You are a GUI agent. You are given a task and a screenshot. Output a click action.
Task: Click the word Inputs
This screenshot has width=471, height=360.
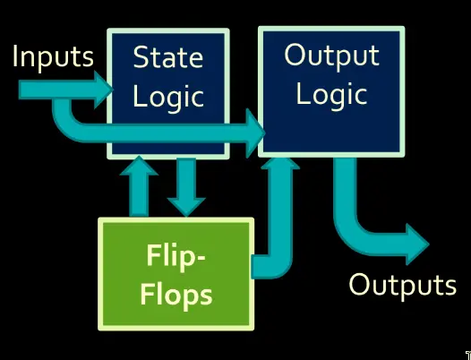point(53,57)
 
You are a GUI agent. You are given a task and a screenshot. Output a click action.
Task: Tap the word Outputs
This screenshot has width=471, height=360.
point(403,285)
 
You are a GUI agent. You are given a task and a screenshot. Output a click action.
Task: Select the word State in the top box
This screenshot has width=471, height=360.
point(168,57)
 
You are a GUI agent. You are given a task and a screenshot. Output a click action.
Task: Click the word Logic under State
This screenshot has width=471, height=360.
point(168,97)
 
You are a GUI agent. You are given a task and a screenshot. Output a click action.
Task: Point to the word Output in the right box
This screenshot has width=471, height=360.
point(331,56)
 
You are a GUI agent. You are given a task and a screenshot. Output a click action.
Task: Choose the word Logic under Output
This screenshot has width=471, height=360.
point(331,94)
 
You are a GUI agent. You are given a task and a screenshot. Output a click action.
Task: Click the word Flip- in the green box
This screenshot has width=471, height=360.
point(176,256)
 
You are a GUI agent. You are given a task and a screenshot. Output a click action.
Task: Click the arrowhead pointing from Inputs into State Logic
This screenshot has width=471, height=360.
point(103,90)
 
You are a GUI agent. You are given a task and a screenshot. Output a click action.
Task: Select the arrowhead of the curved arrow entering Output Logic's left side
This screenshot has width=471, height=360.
point(255,133)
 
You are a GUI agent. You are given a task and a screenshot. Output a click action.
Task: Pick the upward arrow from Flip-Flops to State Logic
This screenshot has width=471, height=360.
point(139,186)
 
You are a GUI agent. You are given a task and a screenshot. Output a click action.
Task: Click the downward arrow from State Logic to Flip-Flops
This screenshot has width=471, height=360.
point(186,187)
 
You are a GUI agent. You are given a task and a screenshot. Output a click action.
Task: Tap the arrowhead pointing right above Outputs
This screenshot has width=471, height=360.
point(417,244)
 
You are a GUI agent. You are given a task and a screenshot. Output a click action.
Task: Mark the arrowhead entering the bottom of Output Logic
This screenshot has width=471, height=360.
point(280,163)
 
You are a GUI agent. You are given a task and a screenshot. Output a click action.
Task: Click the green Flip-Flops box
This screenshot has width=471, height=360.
point(176,274)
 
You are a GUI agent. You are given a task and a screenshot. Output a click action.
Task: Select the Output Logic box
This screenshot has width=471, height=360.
point(331,91)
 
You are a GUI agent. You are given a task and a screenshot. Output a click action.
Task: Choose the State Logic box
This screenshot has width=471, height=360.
point(168,93)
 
